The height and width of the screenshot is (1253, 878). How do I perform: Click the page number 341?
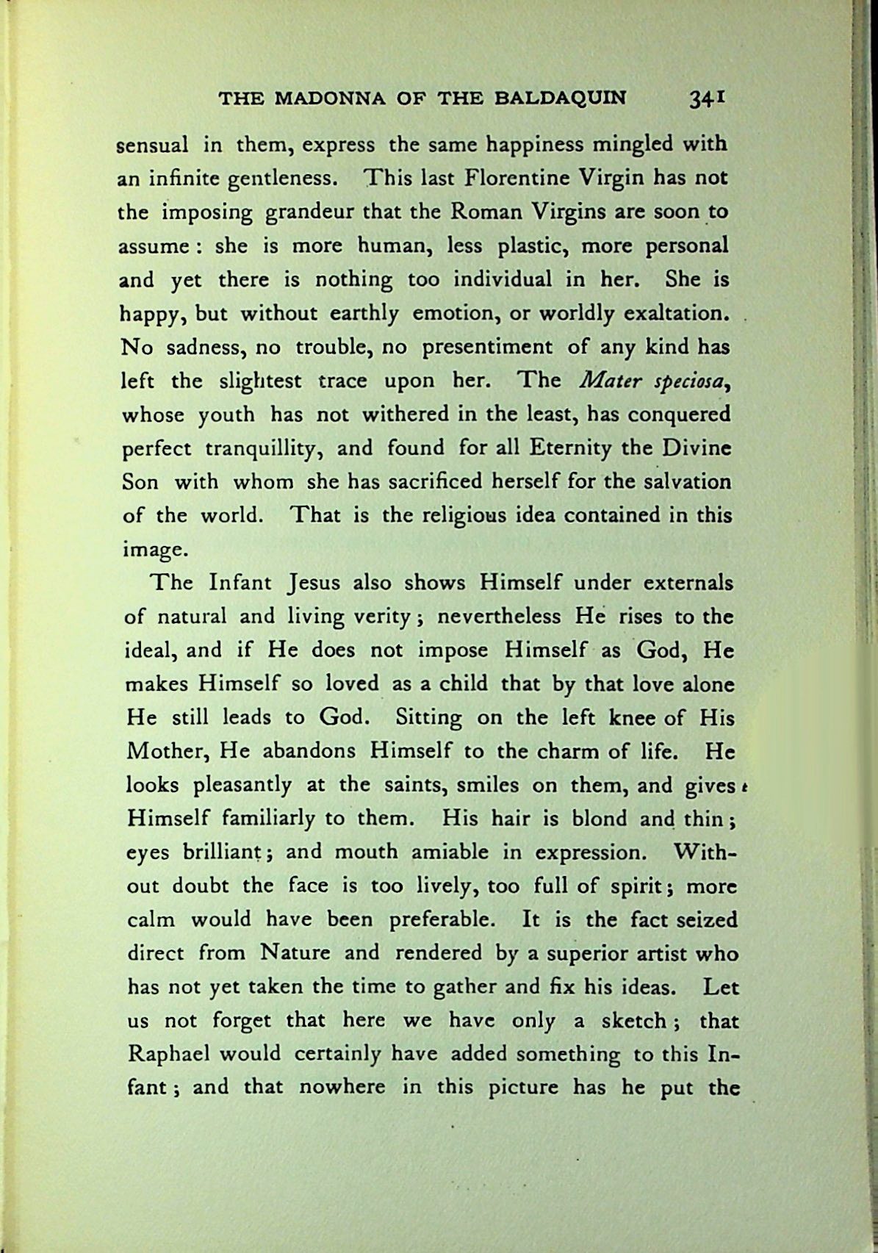point(707,98)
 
